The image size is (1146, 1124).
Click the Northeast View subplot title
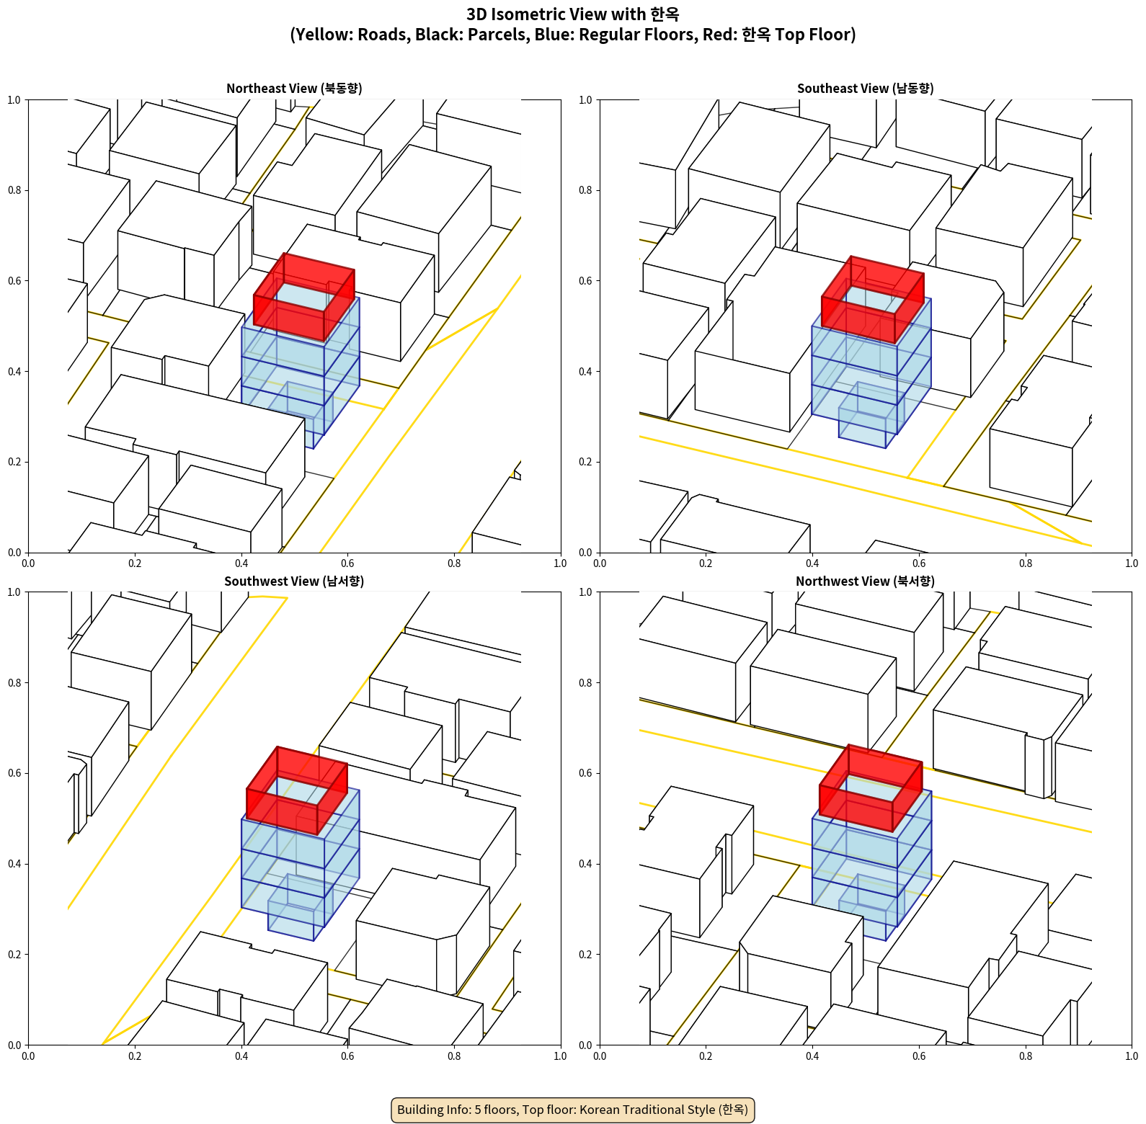(294, 89)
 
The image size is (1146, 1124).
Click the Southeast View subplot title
(865, 89)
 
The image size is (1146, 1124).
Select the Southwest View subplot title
(294, 581)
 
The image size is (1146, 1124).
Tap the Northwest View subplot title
(865, 581)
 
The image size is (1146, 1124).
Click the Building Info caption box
(573, 1110)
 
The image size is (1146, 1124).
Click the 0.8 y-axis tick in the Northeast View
(14, 190)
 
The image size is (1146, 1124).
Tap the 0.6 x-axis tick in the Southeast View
(919, 563)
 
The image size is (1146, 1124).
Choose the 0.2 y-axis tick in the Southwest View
(14, 955)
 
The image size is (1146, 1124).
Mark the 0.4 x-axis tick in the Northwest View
(812, 1056)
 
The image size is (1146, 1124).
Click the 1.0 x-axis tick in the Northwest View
(1132, 1056)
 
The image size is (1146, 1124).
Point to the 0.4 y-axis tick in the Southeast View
(585, 372)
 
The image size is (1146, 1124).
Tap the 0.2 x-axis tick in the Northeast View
(135, 563)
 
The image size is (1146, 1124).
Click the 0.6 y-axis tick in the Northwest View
(585, 773)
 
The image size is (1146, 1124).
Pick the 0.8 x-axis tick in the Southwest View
(454, 1056)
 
